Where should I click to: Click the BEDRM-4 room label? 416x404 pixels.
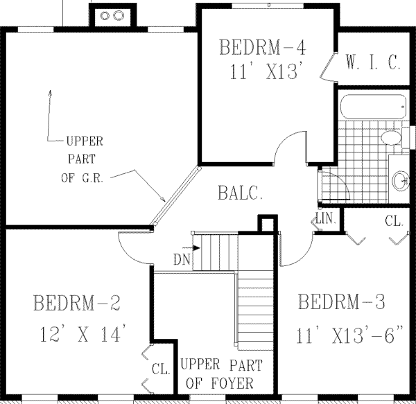[x=262, y=47]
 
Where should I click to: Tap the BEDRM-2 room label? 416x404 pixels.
[x=77, y=303]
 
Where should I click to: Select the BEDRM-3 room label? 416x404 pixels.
[x=341, y=302]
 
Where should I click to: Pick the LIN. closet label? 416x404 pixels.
[x=326, y=219]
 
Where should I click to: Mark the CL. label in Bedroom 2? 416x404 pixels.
[x=161, y=370]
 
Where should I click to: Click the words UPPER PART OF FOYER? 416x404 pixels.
[x=217, y=374]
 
